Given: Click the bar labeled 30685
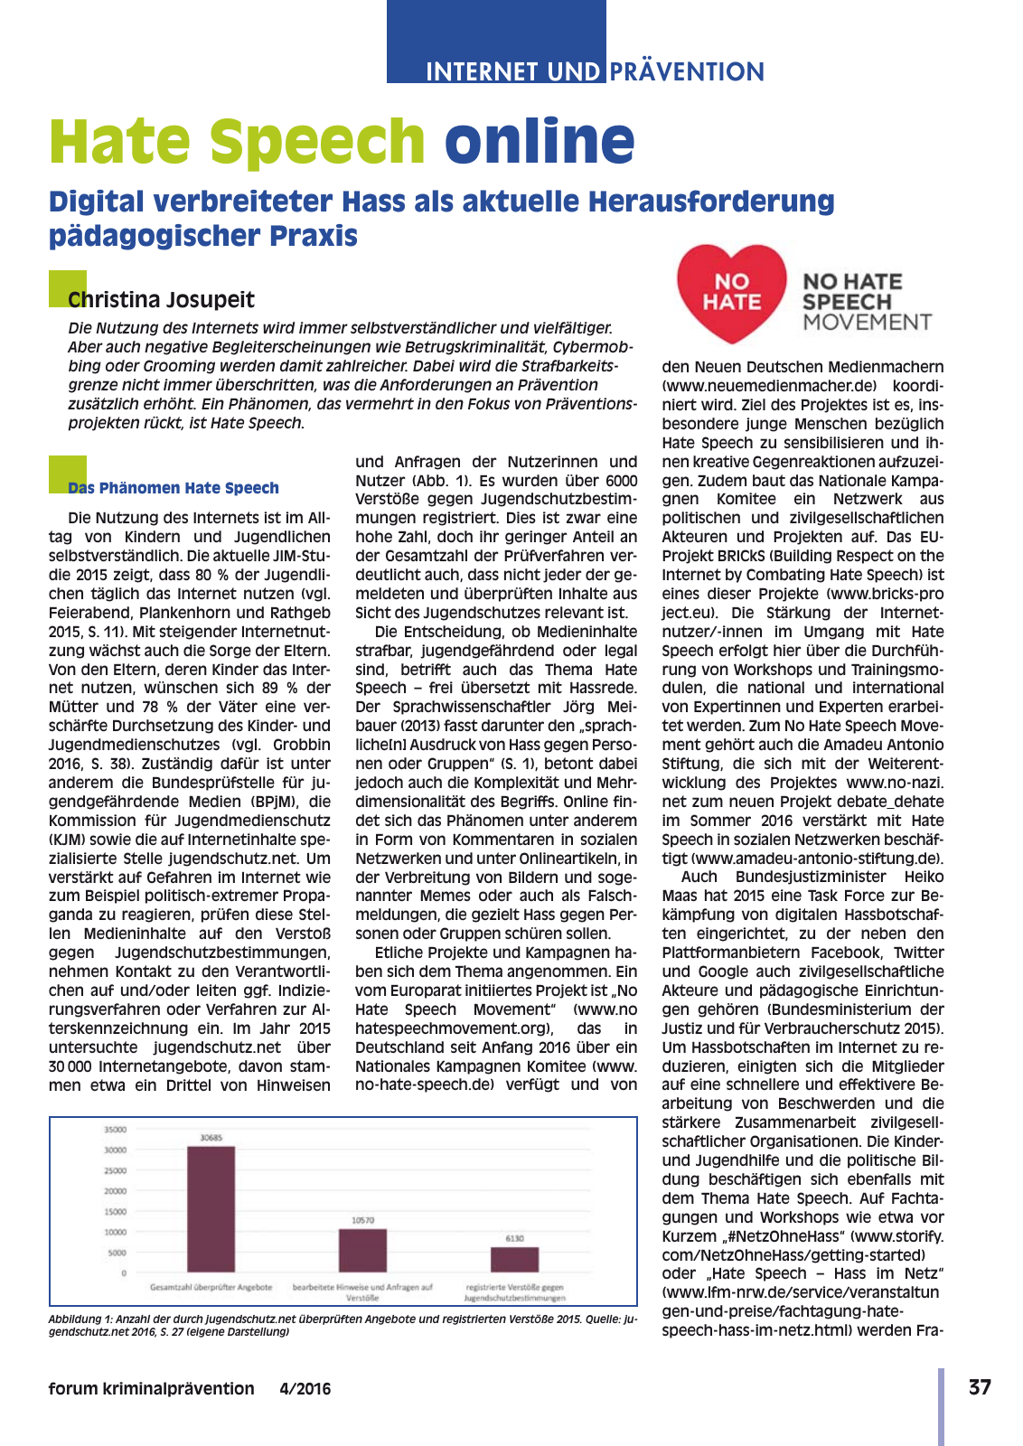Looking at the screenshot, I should (x=211, y=1208).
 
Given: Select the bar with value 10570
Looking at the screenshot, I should (x=362, y=1250).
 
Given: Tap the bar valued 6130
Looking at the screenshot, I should (x=514, y=1259).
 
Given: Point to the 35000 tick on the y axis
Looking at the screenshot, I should (x=116, y=1130).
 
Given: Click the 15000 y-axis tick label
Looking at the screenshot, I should (x=116, y=1212).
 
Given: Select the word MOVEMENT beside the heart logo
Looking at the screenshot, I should (x=867, y=323).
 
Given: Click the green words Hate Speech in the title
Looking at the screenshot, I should (x=237, y=141).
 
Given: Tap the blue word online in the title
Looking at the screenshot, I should (x=540, y=141).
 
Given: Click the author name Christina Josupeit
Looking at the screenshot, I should (x=161, y=300).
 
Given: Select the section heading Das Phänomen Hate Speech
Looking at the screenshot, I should (x=174, y=488).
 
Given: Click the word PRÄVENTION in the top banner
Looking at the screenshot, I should (x=687, y=71).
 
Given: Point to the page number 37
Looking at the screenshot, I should (x=980, y=1387).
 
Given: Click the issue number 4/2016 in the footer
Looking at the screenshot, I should (x=305, y=1389).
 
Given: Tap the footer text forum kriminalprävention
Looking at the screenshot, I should (x=151, y=1389).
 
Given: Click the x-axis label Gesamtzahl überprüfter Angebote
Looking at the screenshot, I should (x=211, y=1287).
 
